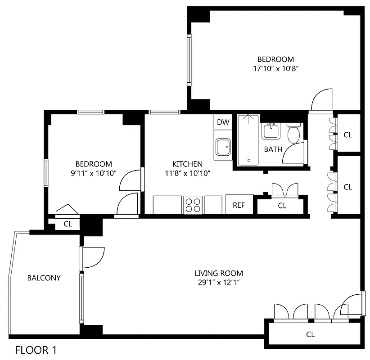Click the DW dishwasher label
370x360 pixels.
[223, 122]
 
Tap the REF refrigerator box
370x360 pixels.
[239, 205]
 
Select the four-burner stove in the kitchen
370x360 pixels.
[193, 205]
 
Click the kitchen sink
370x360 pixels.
[223, 147]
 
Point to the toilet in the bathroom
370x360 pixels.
[294, 132]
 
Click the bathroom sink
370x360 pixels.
[271, 131]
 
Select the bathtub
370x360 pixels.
[248, 141]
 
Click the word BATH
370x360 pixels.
[273, 149]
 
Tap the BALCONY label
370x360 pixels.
[44, 278]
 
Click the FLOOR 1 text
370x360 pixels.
[36, 350]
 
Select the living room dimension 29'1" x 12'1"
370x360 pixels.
[219, 283]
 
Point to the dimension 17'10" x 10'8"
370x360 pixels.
[275, 69]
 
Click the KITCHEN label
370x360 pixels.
[187, 164]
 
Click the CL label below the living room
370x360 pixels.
[310, 334]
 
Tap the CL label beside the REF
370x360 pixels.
[282, 206]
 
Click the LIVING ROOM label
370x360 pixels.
[219, 273]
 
